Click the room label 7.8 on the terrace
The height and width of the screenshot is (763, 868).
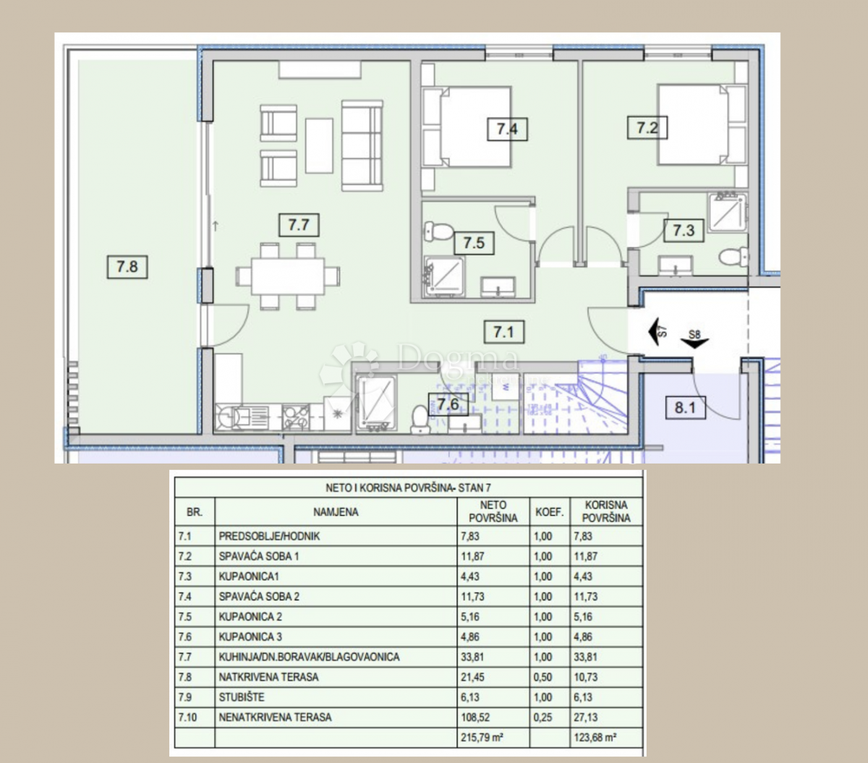click(x=127, y=267)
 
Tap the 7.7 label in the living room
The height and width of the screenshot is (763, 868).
click(x=299, y=225)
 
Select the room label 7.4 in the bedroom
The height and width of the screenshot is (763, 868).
click(x=507, y=129)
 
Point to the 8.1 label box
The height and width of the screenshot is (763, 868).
click(x=686, y=407)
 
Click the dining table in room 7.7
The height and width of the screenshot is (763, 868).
click(x=288, y=276)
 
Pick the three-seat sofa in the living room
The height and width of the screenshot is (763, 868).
click(x=362, y=145)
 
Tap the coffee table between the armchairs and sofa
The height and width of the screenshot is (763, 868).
click(x=319, y=145)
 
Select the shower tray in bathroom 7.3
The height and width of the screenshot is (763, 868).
click(x=727, y=213)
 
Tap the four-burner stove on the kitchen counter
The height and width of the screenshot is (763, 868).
click(x=296, y=417)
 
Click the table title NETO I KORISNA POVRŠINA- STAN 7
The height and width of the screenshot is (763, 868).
click(x=408, y=487)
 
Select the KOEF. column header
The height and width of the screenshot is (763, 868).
click(x=550, y=512)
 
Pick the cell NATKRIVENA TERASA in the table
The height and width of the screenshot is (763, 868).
click(x=268, y=678)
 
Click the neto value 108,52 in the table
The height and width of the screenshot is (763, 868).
click(x=476, y=717)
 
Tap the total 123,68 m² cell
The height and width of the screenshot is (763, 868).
click(x=595, y=738)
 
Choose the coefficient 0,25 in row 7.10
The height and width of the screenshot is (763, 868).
click(x=542, y=717)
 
